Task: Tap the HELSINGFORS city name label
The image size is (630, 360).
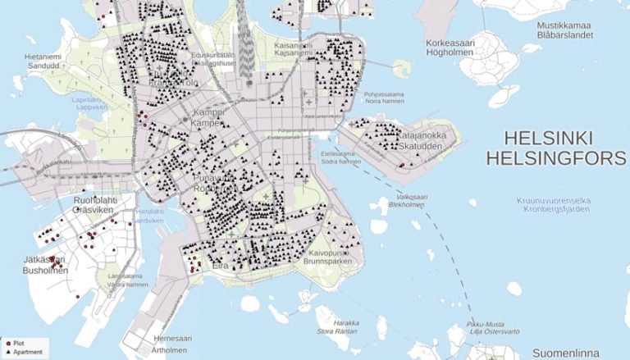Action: [x=555, y=157]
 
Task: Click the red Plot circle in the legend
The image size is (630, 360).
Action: [x=7, y=343]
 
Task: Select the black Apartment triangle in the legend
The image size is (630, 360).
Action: [x=7, y=352]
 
